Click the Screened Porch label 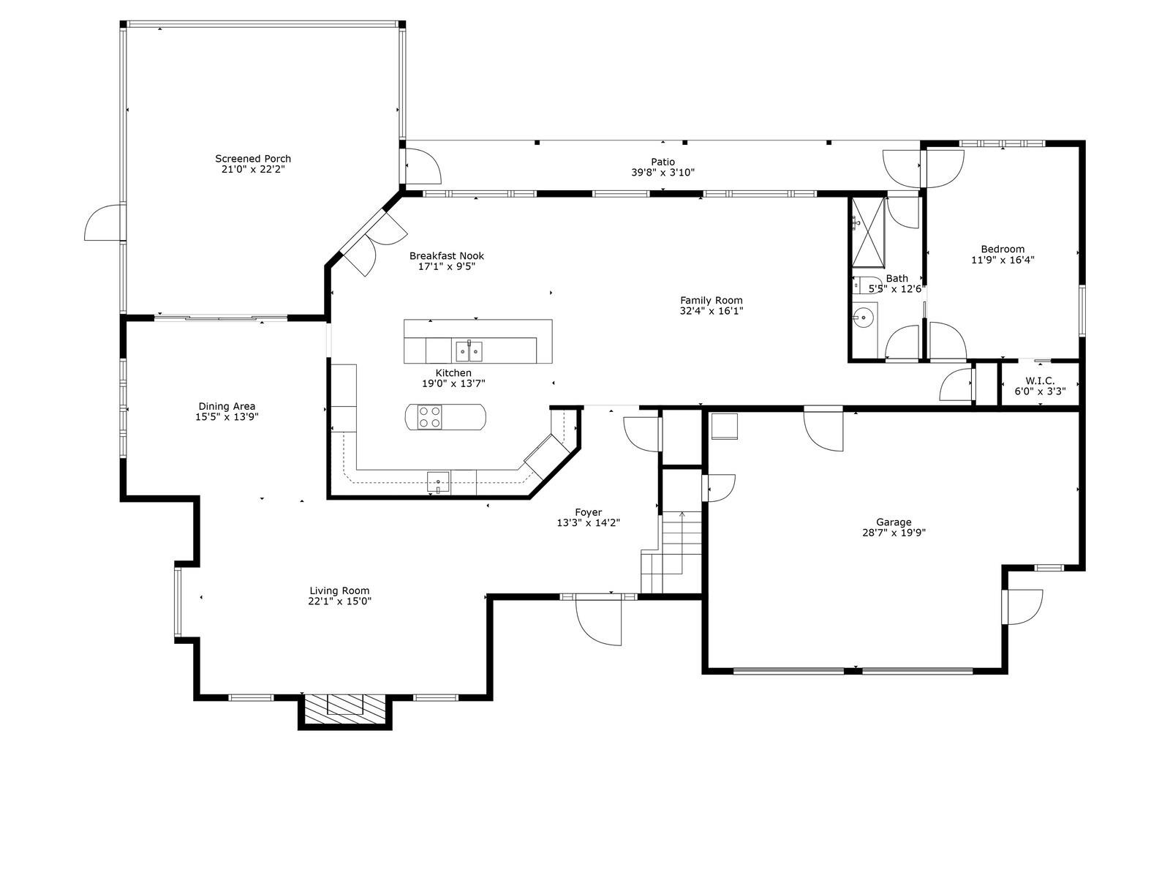pos(253,159)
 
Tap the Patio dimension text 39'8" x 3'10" pos(663,173)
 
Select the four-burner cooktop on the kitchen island pos(429,417)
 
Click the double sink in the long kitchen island pos(469,352)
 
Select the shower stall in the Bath pos(867,232)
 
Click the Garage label pos(894,522)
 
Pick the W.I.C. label pos(1039,380)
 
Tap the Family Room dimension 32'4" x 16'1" pos(711,311)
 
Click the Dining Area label pos(227,406)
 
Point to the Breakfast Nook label pos(446,255)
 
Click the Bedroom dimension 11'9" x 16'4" pos(1003,260)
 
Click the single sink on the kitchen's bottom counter pos(438,481)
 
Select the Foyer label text pos(588,512)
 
